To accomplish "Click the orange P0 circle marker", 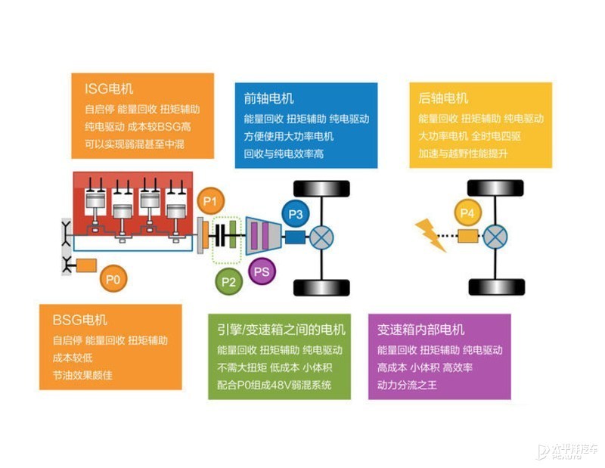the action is click(x=113, y=278).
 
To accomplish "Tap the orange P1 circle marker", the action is click(x=210, y=201).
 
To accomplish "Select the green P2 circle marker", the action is click(x=228, y=282).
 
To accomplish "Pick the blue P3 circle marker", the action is click(x=296, y=214).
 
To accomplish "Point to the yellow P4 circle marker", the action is click(x=467, y=212).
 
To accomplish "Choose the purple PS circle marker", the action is click(x=262, y=271).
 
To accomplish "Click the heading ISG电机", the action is click(x=109, y=88).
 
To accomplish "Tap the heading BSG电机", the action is click(x=79, y=320).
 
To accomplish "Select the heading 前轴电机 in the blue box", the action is click(x=268, y=98).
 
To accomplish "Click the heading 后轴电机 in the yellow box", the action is click(x=443, y=98).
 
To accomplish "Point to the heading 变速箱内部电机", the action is click(x=420, y=330).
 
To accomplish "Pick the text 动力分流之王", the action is click(x=407, y=385).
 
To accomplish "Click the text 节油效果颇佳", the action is click(x=82, y=375).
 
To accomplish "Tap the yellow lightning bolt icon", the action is click(x=430, y=235).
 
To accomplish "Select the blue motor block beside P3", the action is click(x=295, y=237).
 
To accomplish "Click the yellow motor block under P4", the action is click(x=468, y=236).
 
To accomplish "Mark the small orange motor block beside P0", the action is click(x=86, y=265).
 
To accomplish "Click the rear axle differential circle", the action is click(x=495, y=237).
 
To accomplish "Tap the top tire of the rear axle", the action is click(x=495, y=188).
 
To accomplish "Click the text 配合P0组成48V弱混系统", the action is click(x=275, y=385).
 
